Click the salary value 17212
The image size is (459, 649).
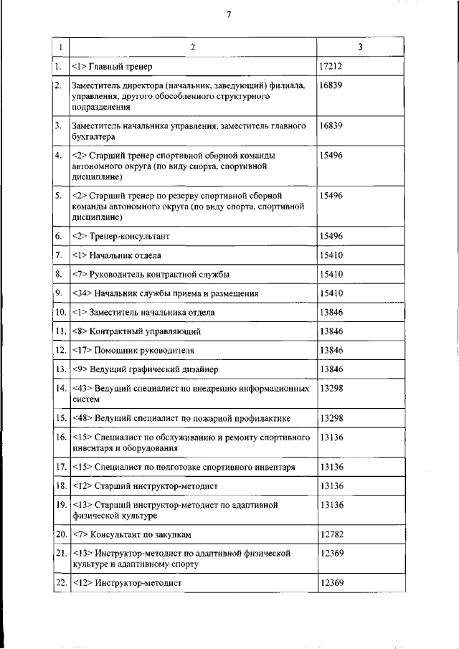click(x=330, y=67)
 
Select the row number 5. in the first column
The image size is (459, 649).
click(x=58, y=195)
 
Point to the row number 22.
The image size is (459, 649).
click(x=60, y=583)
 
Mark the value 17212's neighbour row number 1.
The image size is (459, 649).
click(x=58, y=67)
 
